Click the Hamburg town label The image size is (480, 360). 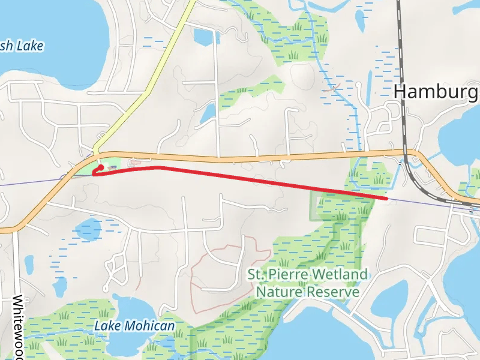click(x=436, y=92)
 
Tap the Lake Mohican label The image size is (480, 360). click(x=135, y=326)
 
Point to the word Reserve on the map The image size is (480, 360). click(x=332, y=292)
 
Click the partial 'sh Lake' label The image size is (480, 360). click(x=22, y=46)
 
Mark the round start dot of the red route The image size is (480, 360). click(x=101, y=167)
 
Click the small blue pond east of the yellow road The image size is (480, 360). click(x=208, y=112)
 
